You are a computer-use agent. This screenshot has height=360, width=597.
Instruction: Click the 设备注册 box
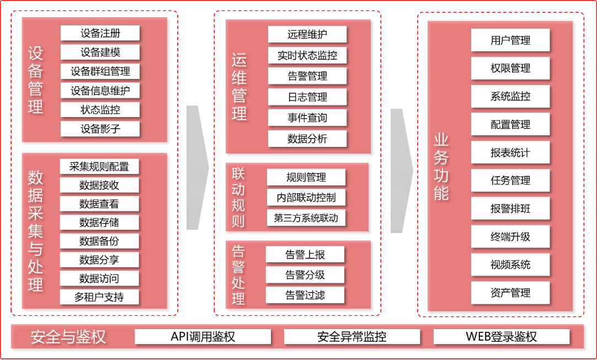(x=100, y=33)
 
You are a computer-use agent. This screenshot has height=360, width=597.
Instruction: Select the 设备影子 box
(x=100, y=129)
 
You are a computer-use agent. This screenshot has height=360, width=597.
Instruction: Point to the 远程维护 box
(x=307, y=34)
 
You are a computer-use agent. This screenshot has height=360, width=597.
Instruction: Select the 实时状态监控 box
(x=307, y=55)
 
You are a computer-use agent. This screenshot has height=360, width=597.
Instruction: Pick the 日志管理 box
(x=307, y=97)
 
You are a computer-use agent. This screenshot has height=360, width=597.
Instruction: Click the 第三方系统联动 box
(x=306, y=218)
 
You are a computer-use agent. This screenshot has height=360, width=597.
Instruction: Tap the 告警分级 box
(x=305, y=275)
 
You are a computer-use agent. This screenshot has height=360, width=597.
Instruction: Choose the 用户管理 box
(x=510, y=40)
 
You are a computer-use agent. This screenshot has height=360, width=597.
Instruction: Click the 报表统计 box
(x=510, y=153)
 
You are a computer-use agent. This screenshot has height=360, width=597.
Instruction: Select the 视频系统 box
(x=510, y=265)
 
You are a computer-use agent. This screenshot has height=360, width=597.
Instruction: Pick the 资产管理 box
(x=510, y=293)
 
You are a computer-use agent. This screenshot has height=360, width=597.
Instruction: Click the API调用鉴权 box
(x=203, y=336)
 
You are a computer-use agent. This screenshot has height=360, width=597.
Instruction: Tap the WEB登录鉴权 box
(x=501, y=336)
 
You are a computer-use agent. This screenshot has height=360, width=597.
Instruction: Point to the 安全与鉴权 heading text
(x=68, y=337)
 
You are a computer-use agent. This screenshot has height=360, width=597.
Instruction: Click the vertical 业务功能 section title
(x=441, y=166)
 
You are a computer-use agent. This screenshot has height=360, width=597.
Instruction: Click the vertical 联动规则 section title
(x=238, y=198)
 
